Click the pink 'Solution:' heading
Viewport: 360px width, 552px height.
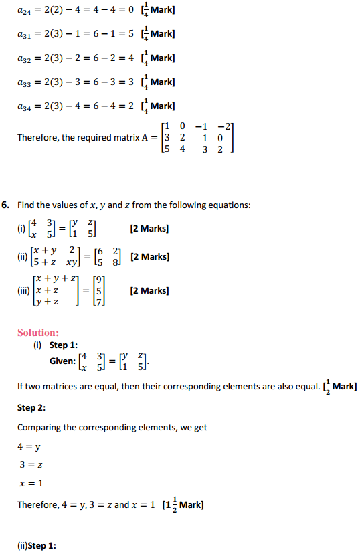(38, 333)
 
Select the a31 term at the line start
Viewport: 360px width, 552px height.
(24, 35)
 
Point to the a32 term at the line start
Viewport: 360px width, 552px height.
(24, 58)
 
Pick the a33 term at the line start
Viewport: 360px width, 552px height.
(24, 82)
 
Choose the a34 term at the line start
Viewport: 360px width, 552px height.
(24, 106)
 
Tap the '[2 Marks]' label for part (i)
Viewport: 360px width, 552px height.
(149, 229)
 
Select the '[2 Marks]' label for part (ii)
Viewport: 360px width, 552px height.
(151, 257)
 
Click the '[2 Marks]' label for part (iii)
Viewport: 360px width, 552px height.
(149, 290)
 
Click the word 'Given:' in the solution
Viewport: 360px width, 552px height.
(62, 361)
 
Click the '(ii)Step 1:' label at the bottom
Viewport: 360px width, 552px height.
(37, 546)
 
